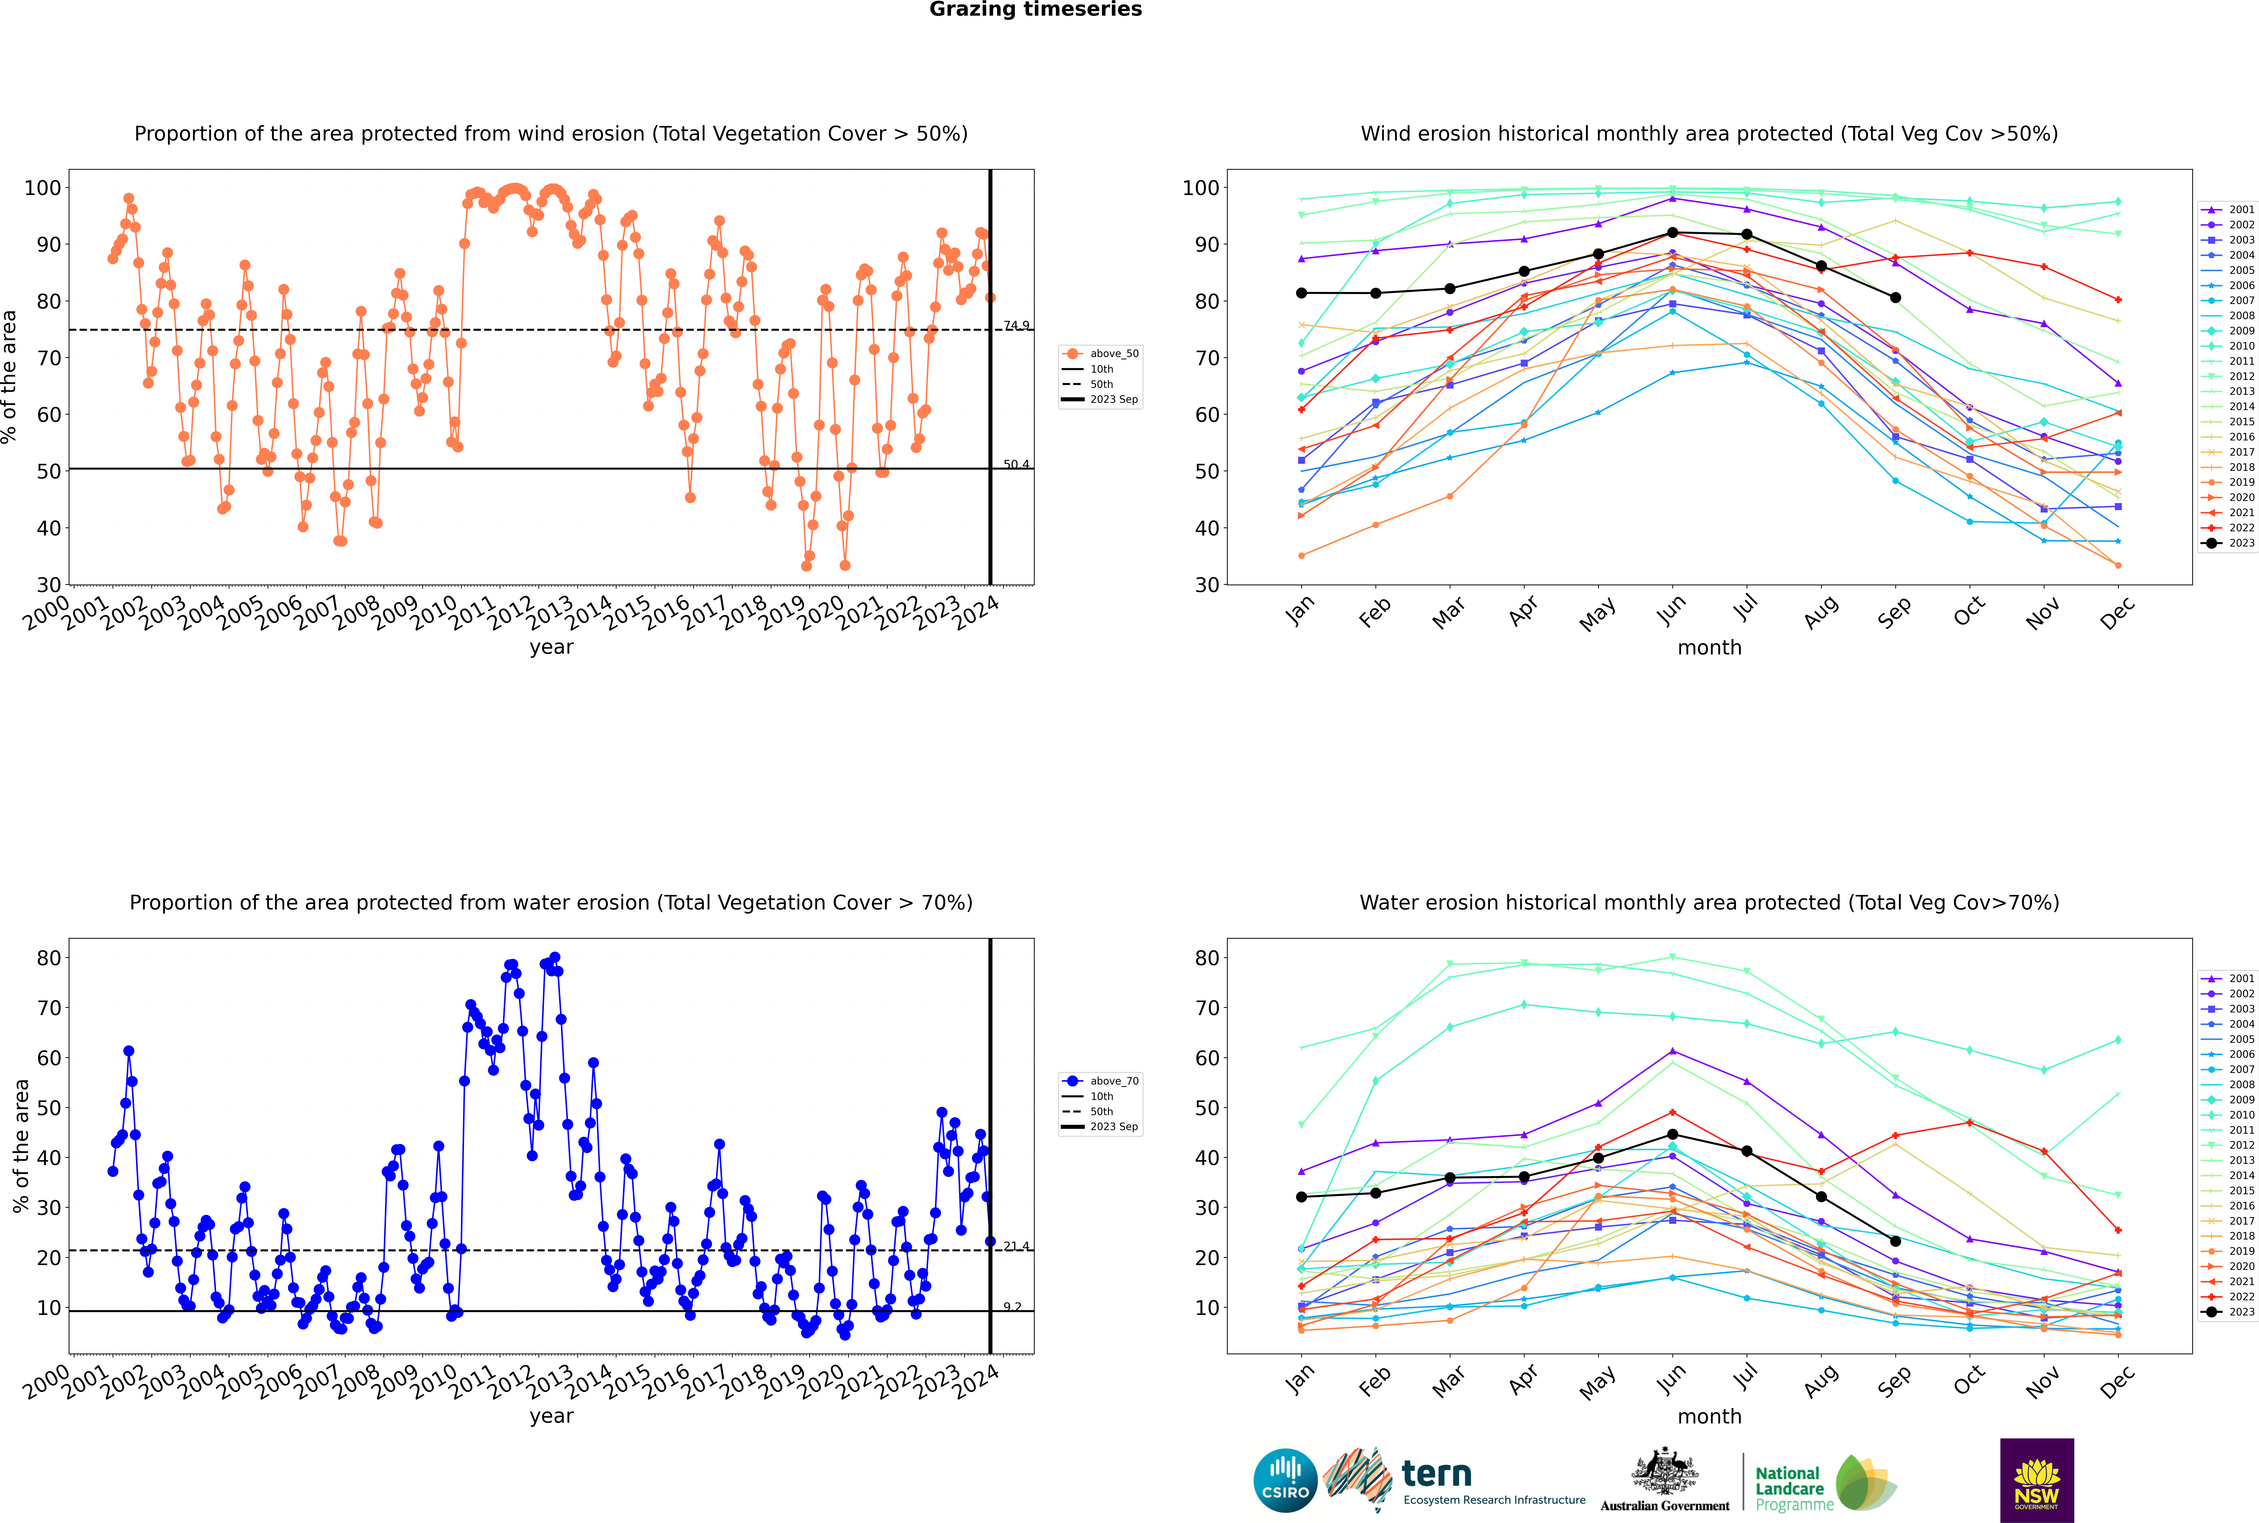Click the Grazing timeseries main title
1035,10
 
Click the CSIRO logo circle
1285,1480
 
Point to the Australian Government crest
1665,1471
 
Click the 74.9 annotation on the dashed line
1016,325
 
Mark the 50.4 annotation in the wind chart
1016,464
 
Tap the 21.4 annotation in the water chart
1016,1246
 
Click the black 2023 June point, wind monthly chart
1672,233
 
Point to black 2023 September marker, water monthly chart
1895,1241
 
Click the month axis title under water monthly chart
1709,1417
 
